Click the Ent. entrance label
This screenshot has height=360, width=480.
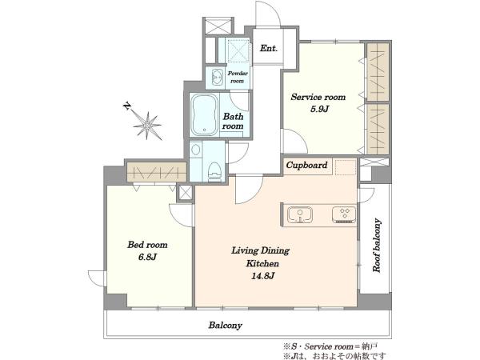269,48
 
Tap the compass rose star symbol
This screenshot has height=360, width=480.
147,126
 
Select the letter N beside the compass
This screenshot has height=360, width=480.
126,106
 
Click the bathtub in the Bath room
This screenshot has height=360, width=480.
205,114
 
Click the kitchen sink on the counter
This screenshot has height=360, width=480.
300,214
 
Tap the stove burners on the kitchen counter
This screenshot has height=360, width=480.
344,214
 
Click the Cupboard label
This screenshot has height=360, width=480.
306,166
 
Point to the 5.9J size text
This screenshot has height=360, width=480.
319,109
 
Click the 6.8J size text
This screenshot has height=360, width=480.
147,257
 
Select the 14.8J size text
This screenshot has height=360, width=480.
262,276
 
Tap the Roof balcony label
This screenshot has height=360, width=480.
377,245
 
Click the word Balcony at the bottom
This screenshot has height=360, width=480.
226,325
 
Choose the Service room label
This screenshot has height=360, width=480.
318,97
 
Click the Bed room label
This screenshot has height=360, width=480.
147,245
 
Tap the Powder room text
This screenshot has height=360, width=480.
238,77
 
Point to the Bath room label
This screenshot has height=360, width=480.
233,122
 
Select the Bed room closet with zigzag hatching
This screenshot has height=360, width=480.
157,172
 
